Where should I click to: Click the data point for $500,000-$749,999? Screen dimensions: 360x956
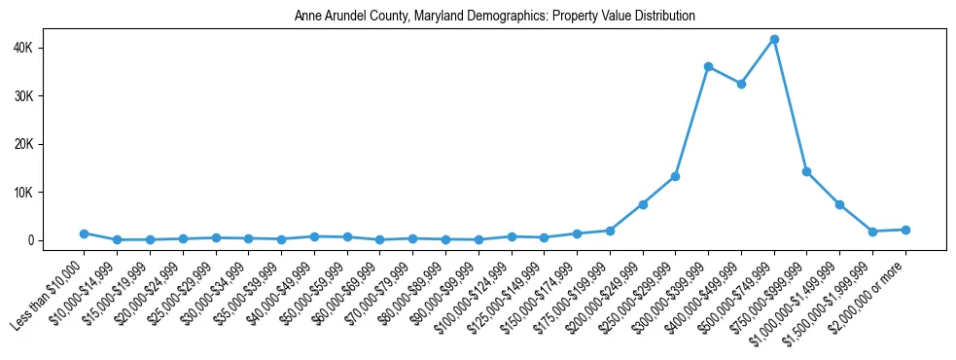[774, 39]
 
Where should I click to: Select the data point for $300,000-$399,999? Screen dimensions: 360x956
[708, 66]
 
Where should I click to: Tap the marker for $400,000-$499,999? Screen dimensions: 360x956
[741, 84]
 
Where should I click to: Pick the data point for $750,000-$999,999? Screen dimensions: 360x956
[806, 171]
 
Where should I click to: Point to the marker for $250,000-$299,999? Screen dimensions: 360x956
[675, 176]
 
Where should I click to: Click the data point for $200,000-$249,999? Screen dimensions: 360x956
[643, 204]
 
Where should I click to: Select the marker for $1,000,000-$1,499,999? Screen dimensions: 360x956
[839, 204]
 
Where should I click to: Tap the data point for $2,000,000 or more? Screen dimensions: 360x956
[905, 230]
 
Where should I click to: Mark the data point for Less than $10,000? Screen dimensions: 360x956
[85, 234]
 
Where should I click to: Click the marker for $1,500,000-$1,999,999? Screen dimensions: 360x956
[872, 232]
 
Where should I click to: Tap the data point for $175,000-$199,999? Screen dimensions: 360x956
[610, 231]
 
